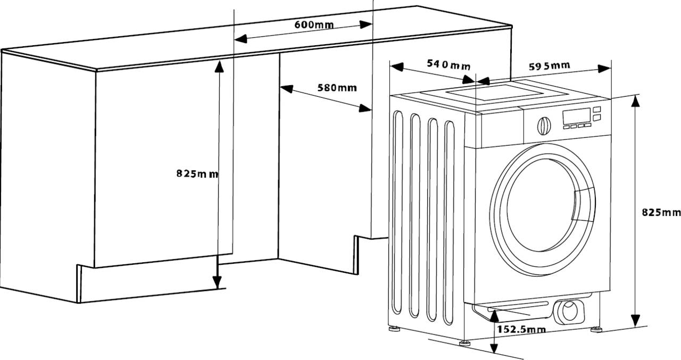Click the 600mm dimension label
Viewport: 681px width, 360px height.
click(x=314, y=24)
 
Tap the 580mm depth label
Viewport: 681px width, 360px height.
click(x=337, y=88)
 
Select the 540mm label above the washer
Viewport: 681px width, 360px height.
click(x=449, y=65)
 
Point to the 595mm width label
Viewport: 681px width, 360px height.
click(x=549, y=66)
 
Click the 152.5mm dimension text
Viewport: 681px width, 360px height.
click(x=521, y=330)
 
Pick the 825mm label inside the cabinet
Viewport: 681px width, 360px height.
click(x=197, y=173)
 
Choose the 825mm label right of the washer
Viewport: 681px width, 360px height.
click(x=661, y=212)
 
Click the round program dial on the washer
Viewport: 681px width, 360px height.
click(x=544, y=125)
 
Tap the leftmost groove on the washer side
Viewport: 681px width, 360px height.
click(x=397, y=213)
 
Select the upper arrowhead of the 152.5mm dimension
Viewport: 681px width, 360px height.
click(x=495, y=314)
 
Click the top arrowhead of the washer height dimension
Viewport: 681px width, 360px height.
click(x=635, y=101)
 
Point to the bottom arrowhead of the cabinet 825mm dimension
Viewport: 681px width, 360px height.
click(x=217, y=283)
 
